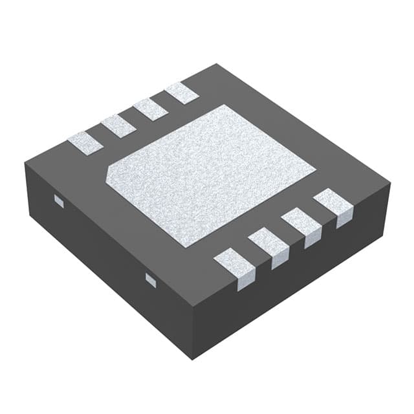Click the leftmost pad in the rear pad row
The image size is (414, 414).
(85, 143)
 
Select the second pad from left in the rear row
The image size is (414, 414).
(118, 125)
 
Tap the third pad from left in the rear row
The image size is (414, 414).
(150, 109)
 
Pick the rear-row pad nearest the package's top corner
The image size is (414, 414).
(182, 93)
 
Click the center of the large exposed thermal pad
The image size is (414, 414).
(210, 173)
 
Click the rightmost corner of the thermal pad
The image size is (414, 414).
(315, 170)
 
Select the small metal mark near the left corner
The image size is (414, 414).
(59, 201)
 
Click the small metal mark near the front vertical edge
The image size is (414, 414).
(151, 279)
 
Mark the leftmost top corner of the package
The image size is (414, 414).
(25, 163)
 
